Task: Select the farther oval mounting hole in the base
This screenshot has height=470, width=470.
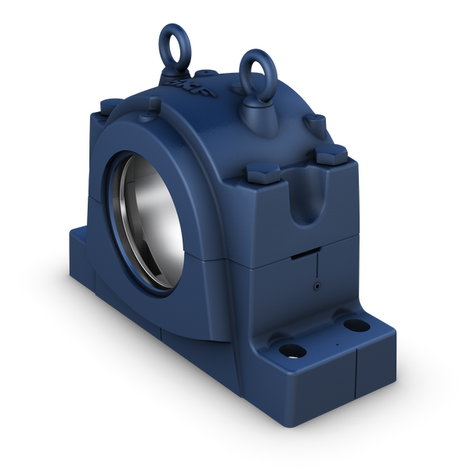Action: click(x=356, y=324)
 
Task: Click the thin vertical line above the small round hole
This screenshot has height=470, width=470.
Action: click(x=316, y=266)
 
